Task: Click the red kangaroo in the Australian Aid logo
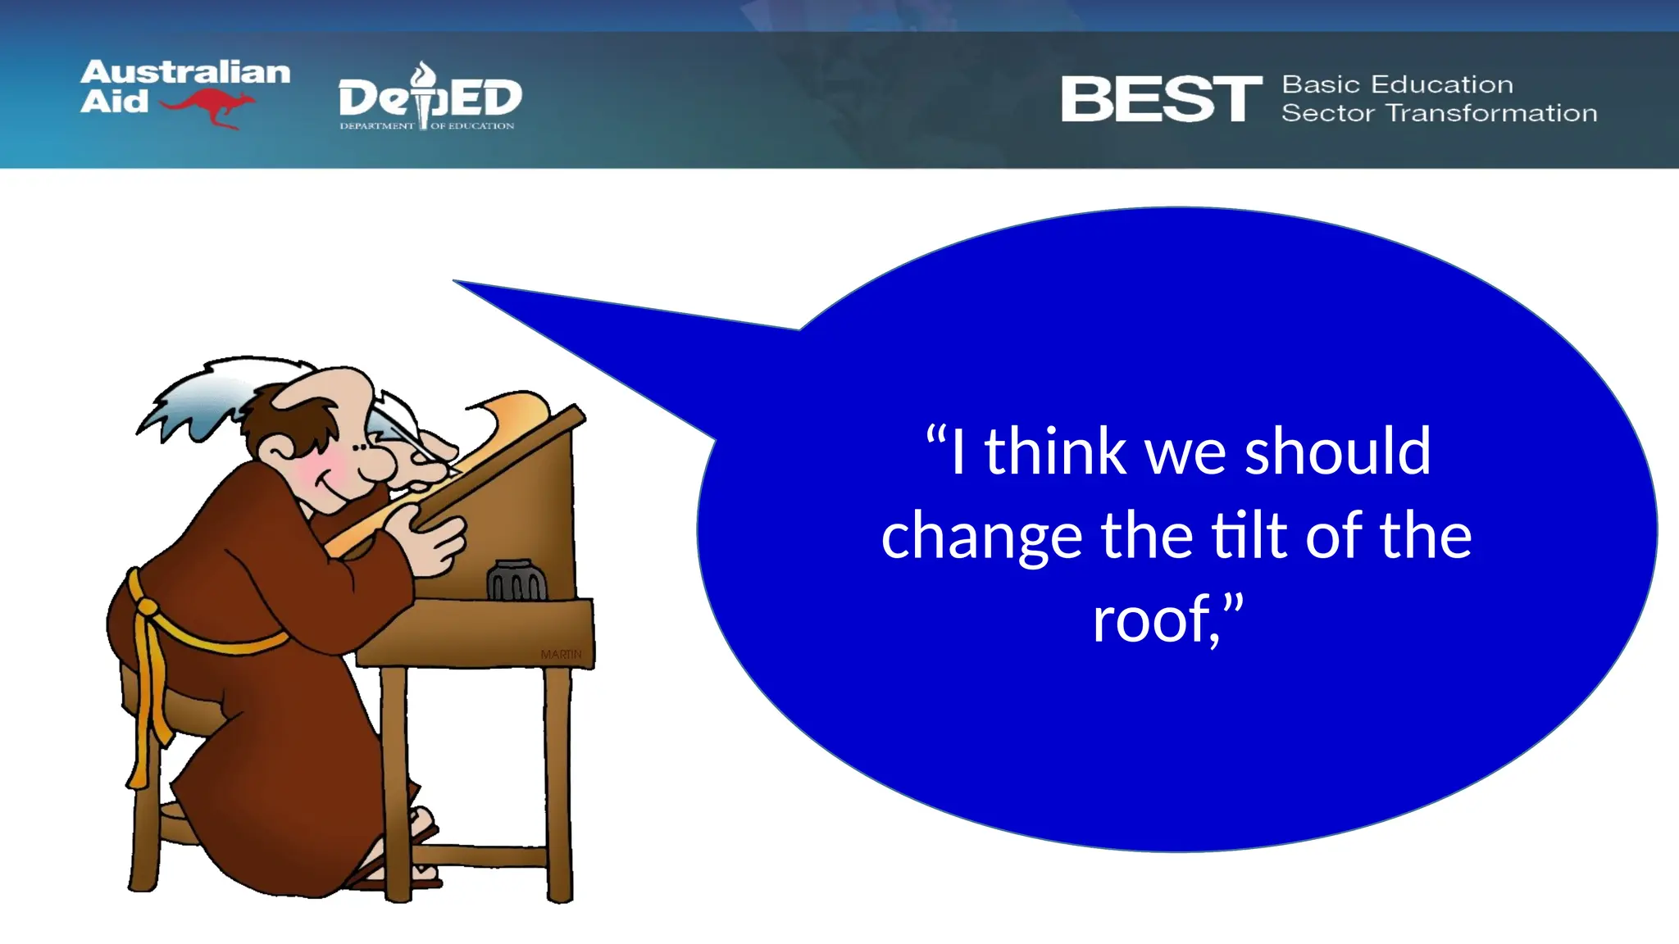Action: tap(209, 107)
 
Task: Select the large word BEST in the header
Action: tap(1160, 99)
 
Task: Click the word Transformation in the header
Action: tap(1491, 113)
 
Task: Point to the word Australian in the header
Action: tap(185, 72)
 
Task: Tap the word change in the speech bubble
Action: tap(982, 537)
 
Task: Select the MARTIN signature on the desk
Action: tap(561, 654)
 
